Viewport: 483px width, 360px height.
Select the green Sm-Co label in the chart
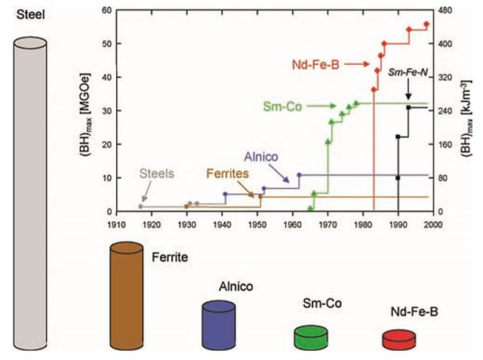click(282, 107)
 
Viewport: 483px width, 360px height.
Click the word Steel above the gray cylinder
click(30, 14)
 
